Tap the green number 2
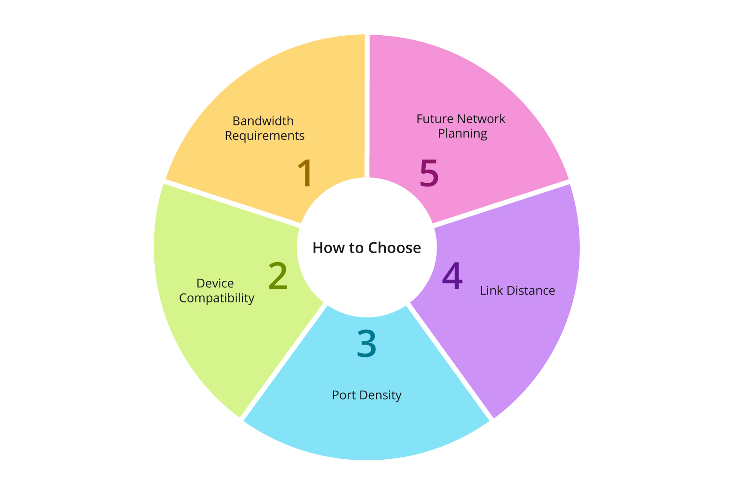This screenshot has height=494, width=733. (278, 276)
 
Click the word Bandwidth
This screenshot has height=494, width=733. (263, 121)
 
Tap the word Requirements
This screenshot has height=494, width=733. (265, 136)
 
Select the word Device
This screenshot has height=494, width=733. (215, 283)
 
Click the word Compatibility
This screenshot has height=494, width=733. (217, 298)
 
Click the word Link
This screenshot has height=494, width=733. (491, 291)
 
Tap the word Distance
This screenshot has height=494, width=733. (530, 291)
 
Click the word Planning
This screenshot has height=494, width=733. (462, 133)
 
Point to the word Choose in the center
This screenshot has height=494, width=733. (394, 248)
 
